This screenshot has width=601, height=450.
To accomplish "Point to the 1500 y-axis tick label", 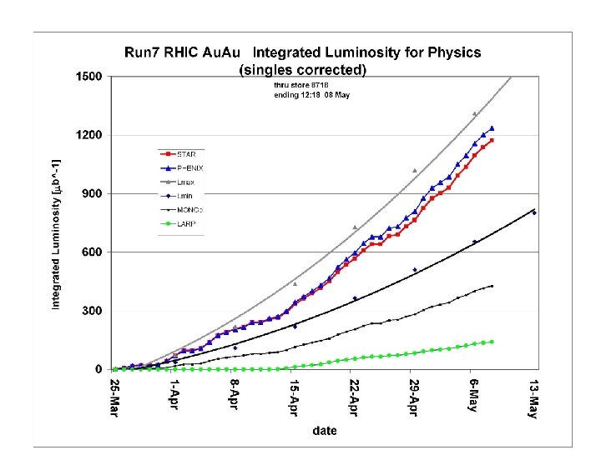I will [x=88, y=77].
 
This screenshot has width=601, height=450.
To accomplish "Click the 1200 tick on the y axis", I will [x=88, y=135].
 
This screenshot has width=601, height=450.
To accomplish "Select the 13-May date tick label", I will [x=533, y=397].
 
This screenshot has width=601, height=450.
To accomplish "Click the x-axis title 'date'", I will [x=325, y=431].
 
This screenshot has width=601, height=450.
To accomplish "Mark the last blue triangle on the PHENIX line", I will [x=492, y=128].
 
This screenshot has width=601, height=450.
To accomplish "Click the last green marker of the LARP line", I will [x=492, y=342].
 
